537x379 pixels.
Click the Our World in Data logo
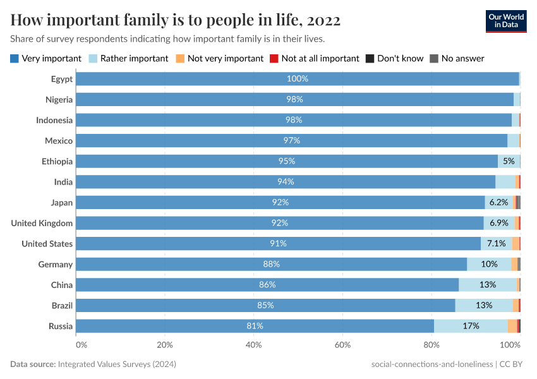click(x=506, y=21)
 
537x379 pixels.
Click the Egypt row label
click(x=62, y=79)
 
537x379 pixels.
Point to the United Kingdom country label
click(x=42, y=223)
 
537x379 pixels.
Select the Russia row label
click(x=61, y=326)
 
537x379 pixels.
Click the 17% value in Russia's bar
click(x=471, y=326)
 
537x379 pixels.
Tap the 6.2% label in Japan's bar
click(x=498, y=203)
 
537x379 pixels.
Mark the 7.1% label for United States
click(x=496, y=244)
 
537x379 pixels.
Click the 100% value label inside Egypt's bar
click(x=297, y=79)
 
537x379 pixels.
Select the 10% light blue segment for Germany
click(x=489, y=265)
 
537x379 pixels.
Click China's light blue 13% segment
click(x=487, y=285)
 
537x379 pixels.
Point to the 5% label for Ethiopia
click(x=509, y=162)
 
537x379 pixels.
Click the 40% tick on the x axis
click(x=253, y=345)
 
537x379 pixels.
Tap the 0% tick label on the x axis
click(x=81, y=345)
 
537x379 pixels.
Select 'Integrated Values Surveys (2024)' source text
click(x=117, y=364)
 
